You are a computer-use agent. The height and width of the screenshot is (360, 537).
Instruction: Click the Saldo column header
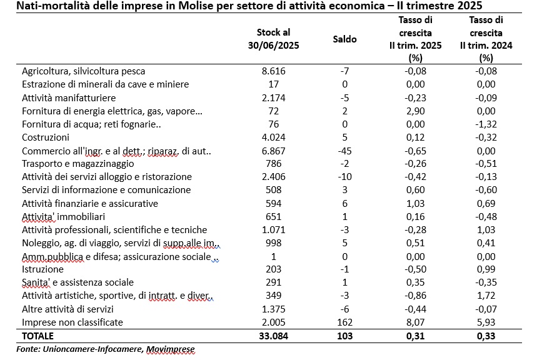[x=344, y=39]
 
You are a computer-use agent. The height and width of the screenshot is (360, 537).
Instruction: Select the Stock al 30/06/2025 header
[x=273, y=39]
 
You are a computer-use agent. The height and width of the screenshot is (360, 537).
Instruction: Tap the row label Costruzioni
[x=46, y=137]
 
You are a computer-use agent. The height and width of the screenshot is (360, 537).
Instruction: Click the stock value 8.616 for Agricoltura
[x=273, y=71]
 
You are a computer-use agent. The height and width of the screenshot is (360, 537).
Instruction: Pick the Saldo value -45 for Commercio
[x=344, y=151]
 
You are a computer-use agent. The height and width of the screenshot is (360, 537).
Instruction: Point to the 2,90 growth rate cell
[x=416, y=111]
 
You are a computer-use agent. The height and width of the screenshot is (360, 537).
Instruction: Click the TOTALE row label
[x=38, y=336]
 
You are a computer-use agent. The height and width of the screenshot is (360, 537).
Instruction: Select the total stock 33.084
[x=273, y=336]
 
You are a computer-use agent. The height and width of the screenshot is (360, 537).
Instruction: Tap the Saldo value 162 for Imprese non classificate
[x=344, y=322]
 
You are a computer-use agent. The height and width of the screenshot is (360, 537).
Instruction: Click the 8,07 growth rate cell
[x=416, y=322]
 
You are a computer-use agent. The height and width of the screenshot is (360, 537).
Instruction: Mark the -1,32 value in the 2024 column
[x=486, y=124]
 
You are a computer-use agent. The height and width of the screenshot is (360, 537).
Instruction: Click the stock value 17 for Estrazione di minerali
[x=273, y=84]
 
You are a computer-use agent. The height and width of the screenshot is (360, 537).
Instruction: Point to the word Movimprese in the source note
[x=170, y=349]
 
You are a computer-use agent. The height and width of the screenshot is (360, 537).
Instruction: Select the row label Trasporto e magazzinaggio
[x=78, y=164]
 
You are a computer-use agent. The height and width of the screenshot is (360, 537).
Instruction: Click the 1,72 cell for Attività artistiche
[x=486, y=295]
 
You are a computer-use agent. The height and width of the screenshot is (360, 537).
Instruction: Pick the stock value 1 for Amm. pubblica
[x=273, y=256]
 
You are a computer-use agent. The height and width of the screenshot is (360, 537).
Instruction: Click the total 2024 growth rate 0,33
[x=486, y=336]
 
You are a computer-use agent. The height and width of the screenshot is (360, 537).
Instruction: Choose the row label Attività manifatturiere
[x=69, y=98]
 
